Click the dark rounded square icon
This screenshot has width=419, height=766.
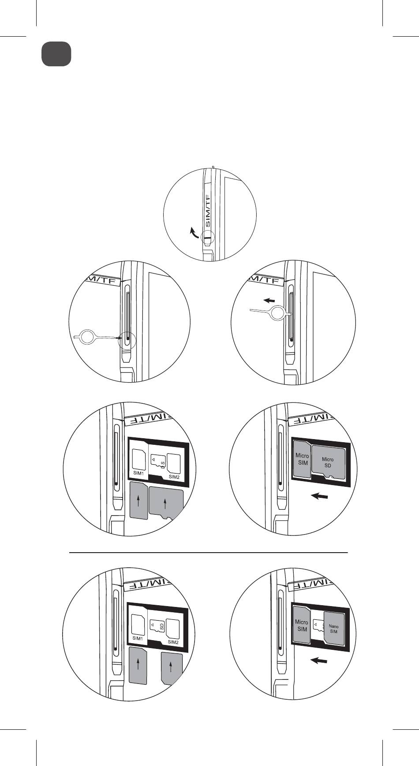(56, 54)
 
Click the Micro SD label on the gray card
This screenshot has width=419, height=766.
(328, 463)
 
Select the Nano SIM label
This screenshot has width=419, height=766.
(333, 629)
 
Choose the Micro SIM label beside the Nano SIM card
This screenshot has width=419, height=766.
(301, 626)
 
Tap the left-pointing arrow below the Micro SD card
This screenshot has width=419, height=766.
(319, 497)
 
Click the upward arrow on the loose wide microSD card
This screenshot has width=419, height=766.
(165, 503)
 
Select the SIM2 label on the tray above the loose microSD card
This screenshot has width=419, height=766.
(174, 477)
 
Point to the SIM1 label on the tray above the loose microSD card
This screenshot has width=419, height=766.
(139, 473)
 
